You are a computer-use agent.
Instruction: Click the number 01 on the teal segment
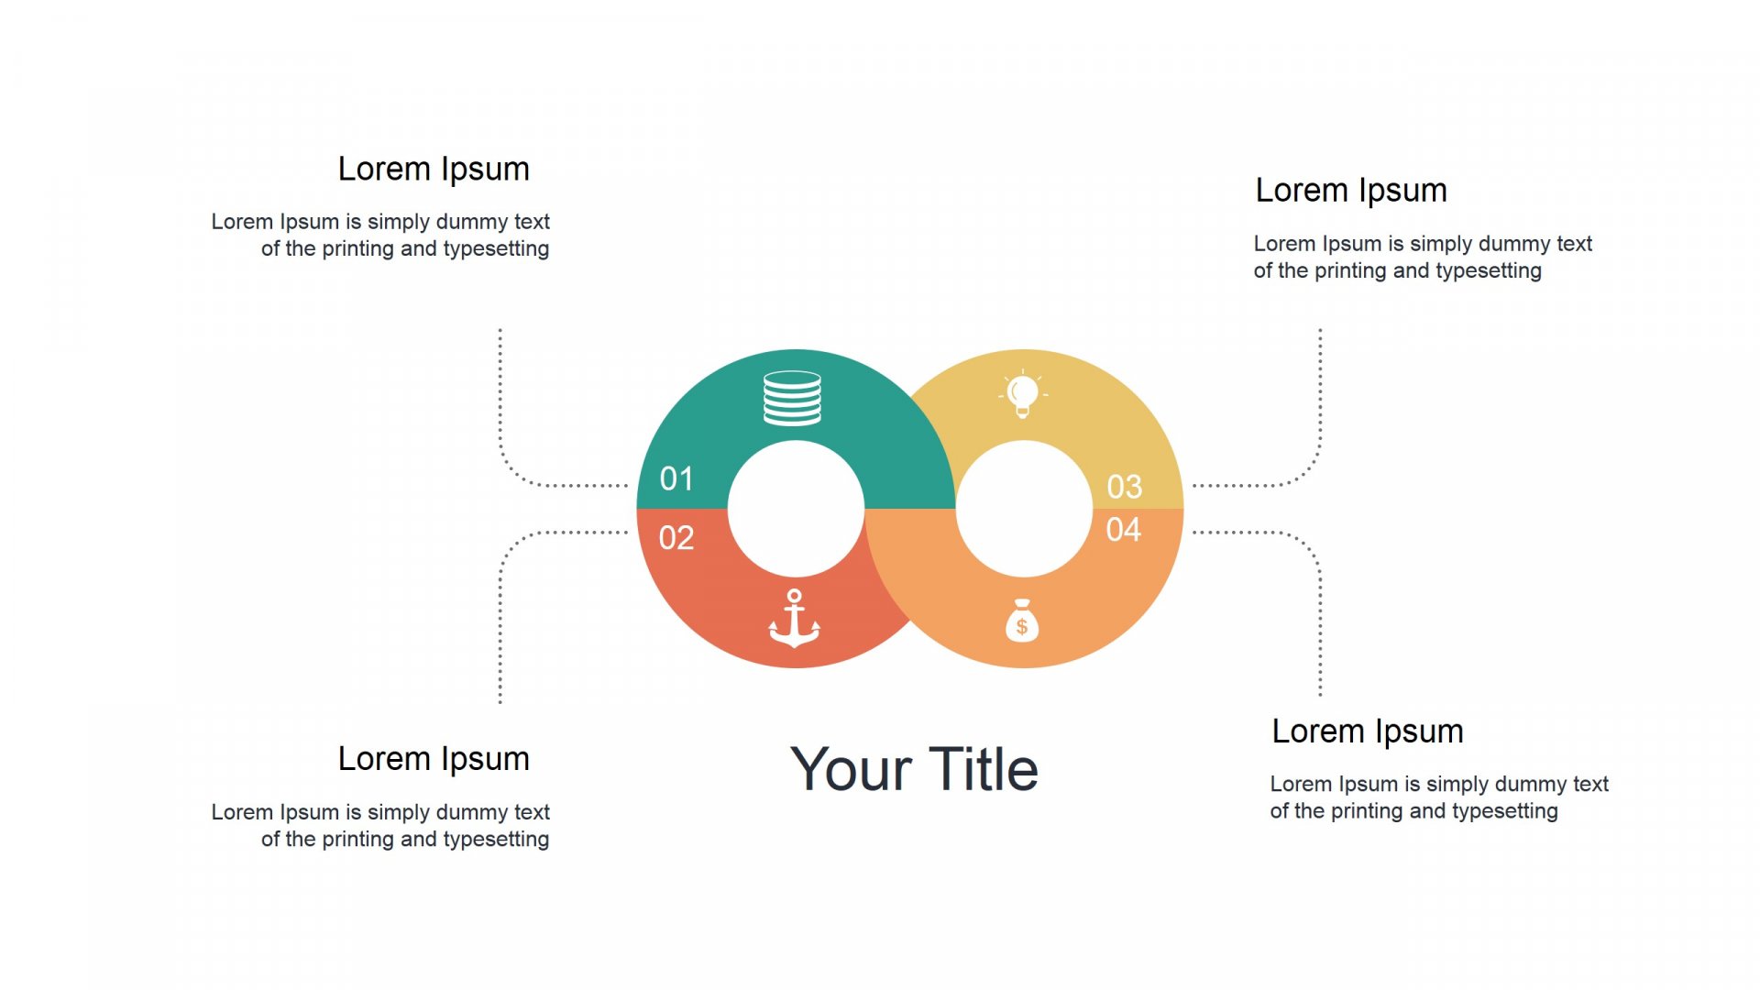pos(676,478)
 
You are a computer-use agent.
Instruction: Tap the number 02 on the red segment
pos(676,538)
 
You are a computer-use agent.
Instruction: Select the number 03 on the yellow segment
pos(1125,487)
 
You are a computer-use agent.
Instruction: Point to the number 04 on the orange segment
pos(1124,530)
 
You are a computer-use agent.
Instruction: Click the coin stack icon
pos(793,398)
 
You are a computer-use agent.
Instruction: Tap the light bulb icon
pos(1023,394)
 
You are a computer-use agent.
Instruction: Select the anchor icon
pos(795,619)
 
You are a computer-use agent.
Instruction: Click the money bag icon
pos(1022,621)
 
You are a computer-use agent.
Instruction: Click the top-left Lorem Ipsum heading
pos(434,170)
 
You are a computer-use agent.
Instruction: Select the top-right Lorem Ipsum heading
pos(1351,191)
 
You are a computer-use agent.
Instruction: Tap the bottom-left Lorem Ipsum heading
pos(434,759)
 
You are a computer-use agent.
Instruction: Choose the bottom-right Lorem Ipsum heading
pos(1368,731)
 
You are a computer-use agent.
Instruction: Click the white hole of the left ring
pos(796,509)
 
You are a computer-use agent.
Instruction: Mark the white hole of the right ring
pos(1024,509)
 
